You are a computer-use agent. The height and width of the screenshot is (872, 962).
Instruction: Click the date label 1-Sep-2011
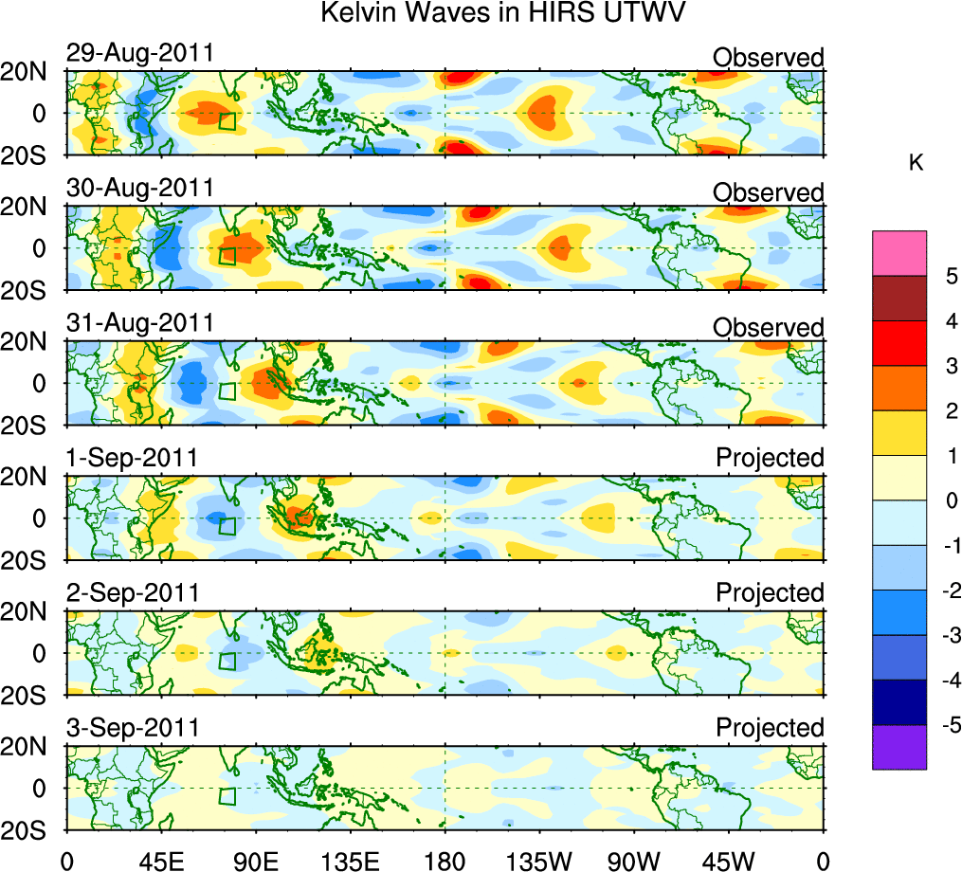click(x=132, y=458)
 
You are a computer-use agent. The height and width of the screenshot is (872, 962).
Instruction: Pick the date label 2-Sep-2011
click(x=132, y=593)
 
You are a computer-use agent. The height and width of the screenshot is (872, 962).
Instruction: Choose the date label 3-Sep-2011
click(x=132, y=728)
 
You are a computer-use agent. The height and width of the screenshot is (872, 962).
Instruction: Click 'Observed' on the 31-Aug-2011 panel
click(x=768, y=327)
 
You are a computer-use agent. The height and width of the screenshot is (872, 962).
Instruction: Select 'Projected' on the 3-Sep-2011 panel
click(x=770, y=728)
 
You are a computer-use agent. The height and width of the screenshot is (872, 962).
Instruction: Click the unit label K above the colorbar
click(x=915, y=163)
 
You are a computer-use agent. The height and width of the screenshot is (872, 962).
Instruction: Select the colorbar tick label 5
click(x=925, y=277)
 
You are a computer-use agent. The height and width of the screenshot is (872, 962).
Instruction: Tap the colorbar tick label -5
click(x=928, y=725)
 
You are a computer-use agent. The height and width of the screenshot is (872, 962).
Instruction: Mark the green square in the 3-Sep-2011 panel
click(x=227, y=796)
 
